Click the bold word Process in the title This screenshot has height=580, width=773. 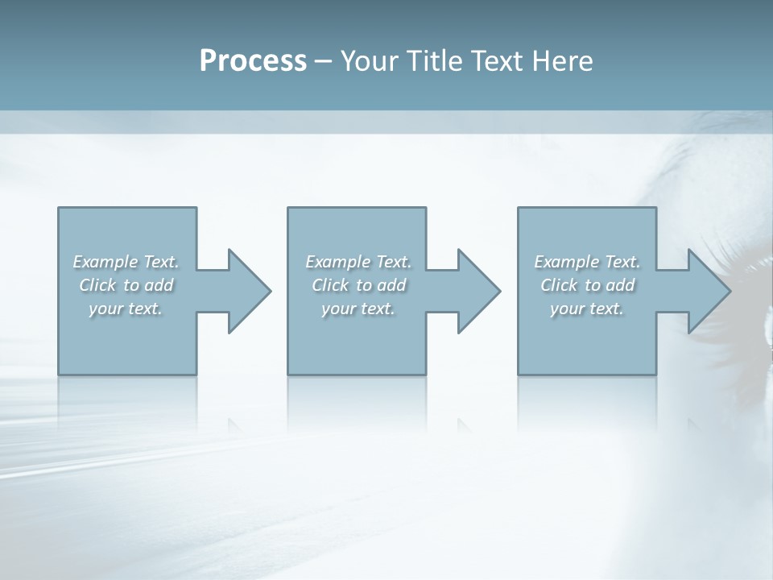tap(253, 60)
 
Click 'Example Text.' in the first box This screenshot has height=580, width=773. tap(126, 262)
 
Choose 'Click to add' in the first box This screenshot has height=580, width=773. tap(126, 285)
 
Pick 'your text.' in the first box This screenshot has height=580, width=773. tap(126, 309)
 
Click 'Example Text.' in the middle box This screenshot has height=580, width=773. tap(358, 262)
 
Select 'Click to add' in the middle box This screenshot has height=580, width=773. tap(358, 285)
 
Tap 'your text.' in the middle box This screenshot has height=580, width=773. tap(358, 309)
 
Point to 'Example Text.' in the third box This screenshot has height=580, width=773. tap(587, 262)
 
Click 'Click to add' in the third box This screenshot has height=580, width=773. tap(587, 285)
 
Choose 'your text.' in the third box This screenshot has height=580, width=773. tap(587, 309)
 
